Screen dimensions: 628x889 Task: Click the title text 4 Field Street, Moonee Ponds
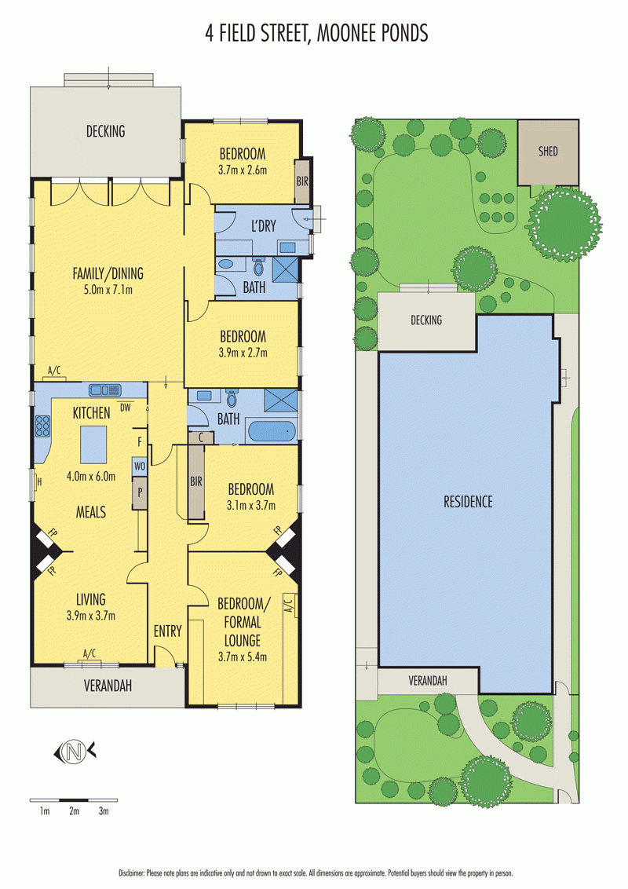[316, 34]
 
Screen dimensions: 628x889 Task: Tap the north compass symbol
[75, 752]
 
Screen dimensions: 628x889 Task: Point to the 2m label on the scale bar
[75, 811]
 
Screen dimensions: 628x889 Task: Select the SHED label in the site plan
[548, 152]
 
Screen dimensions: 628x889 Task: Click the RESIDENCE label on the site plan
[468, 501]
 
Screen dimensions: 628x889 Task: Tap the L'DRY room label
[264, 225]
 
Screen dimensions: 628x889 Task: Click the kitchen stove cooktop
[43, 426]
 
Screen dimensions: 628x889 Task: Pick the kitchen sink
[105, 390]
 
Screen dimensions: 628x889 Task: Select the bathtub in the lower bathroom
[272, 431]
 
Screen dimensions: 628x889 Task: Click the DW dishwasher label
[126, 407]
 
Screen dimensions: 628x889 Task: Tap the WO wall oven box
[140, 466]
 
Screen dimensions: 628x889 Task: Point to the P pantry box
[140, 492]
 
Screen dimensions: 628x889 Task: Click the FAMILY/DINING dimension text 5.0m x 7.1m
[103, 290]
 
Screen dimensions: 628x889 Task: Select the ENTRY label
[168, 631]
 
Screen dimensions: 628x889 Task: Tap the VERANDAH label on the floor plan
[108, 686]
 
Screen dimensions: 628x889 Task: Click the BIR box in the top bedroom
[302, 181]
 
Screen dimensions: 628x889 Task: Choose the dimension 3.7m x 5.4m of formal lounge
[243, 657]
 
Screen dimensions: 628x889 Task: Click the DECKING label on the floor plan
[105, 131]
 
